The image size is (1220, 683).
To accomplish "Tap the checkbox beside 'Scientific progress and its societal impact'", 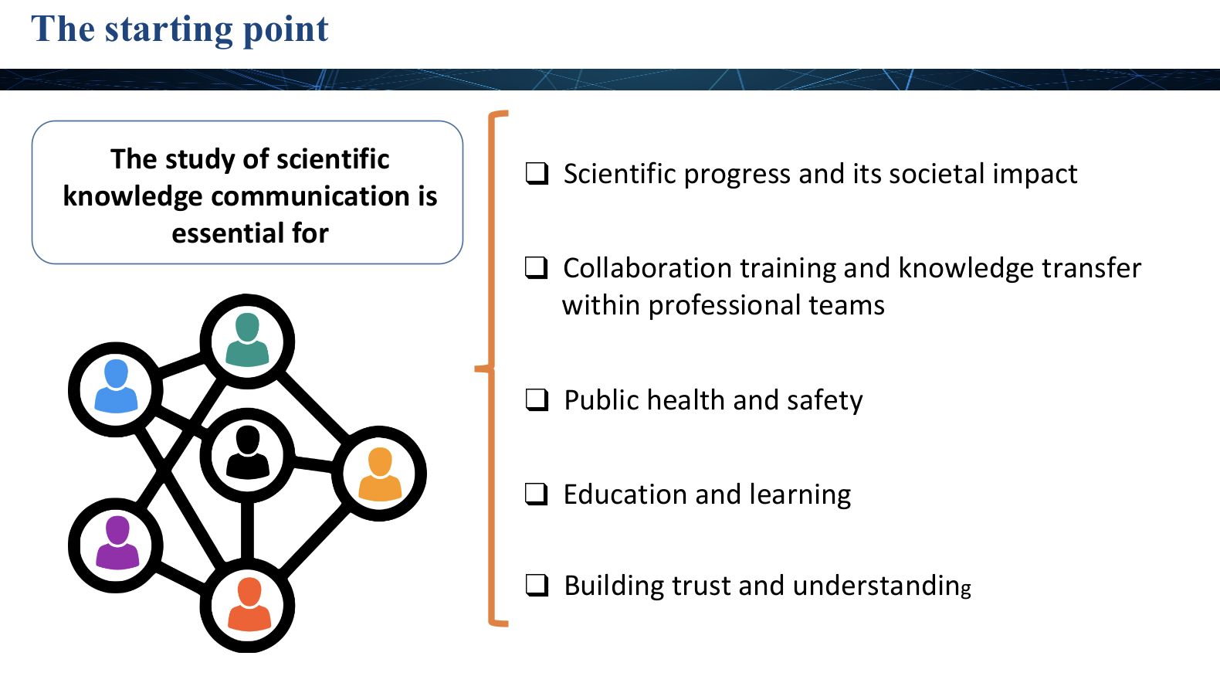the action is pyautogui.click(x=537, y=174).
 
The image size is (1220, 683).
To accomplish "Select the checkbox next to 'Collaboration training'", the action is pyautogui.click(x=537, y=267).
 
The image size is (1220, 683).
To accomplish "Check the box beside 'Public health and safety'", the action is pyautogui.click(x=537, y=399).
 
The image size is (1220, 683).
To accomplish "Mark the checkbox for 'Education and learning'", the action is pyautogui.click(x=537, y=494).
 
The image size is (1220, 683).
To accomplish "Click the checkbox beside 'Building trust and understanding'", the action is pyautogui.click(x=537, y=586).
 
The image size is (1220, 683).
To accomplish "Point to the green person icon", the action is pyautogui.click(x=247, y=339).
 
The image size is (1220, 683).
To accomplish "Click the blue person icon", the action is pyautogui.click(x=116, y=386).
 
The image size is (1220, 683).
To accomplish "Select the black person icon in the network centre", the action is pyautogui.click(x=248, y=453).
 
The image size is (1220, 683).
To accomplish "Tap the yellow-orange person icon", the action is pyautogui.click(x=380, y=474).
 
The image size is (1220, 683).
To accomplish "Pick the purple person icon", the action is pyautogui.click(x=117, y=542).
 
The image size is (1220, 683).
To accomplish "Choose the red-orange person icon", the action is pyautogui.click(x=249, y=604).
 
